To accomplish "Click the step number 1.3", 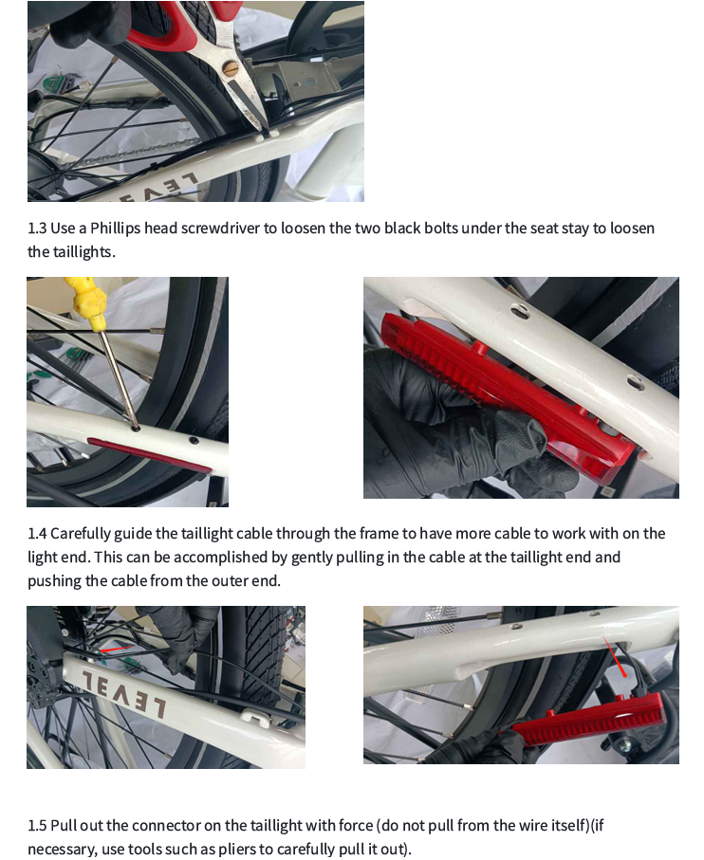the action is coord(37,229).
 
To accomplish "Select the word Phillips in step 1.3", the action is coord(115,229).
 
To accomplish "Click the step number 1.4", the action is coord(37,534).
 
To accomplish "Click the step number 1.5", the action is coord(37,826).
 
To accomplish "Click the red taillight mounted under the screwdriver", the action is coord(149,456).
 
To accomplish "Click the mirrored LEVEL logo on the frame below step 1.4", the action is coord(124,693).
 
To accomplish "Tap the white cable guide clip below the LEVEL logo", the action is coord(257,717).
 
